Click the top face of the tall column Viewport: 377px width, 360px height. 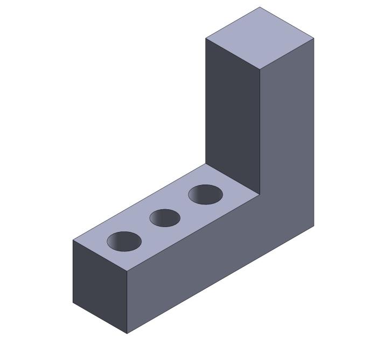[260, 38]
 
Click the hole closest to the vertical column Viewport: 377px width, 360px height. [205, 194]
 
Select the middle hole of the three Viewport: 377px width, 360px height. [165, 218]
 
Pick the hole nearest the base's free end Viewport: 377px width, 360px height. [124, 242]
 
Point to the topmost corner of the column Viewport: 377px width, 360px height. [260, 7]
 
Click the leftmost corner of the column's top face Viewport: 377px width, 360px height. [206, 38]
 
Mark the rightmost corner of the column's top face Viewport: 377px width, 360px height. [314, 38]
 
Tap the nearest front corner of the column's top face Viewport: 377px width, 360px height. [260, 69]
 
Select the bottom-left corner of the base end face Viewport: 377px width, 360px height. [73, 302]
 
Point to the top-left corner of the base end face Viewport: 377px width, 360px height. [73, 240]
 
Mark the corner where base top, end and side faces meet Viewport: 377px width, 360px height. [127, 271]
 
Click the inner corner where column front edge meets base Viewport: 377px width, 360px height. [260, 194]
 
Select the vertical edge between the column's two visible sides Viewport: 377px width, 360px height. [260, 132]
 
